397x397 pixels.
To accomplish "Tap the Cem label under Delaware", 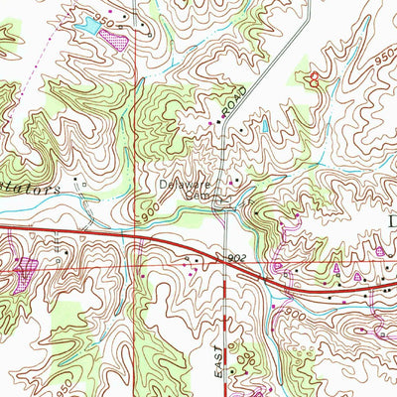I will (196, 196).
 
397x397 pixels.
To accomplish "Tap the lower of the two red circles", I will (318, 84).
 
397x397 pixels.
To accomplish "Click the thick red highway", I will (119, 238).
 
